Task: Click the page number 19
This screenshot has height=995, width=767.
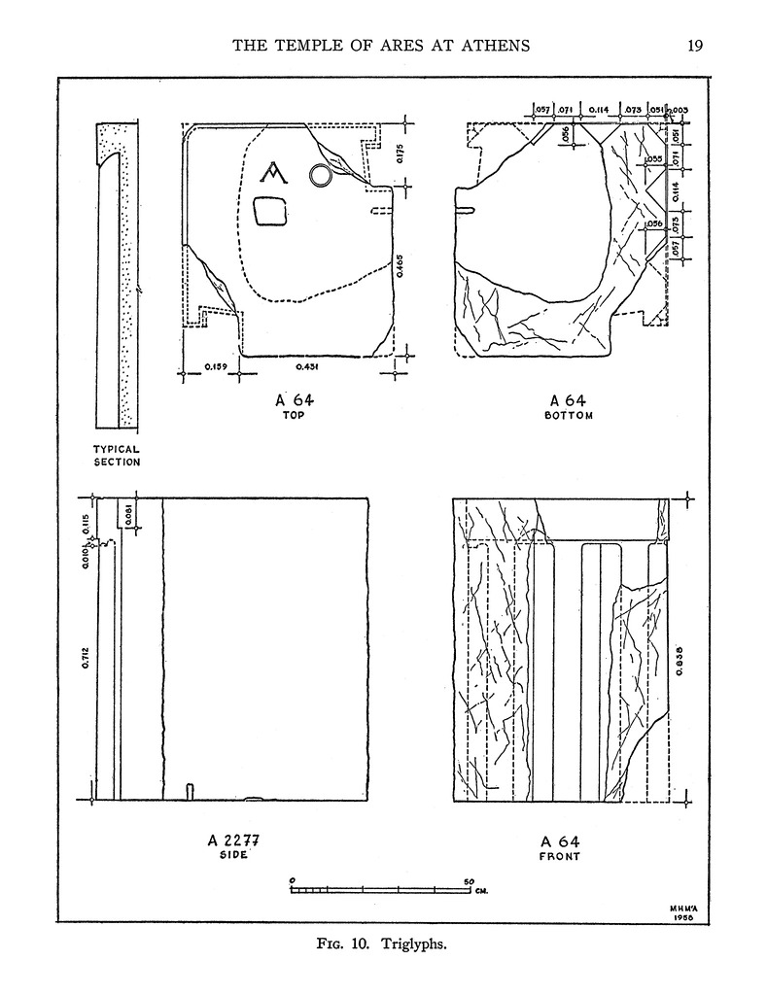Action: coord(694,45)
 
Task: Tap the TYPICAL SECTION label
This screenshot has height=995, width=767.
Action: coord(117,456)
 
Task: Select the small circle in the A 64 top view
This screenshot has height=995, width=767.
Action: coord(319,175)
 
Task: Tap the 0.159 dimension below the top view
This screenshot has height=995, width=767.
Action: coord(216,367)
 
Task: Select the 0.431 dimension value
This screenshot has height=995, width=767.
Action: coord(309,367)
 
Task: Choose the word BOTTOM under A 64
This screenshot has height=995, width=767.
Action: coord(570,415)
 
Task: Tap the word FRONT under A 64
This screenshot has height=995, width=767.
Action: coord(561,857)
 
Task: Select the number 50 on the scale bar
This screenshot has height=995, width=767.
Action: coord(469,881)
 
